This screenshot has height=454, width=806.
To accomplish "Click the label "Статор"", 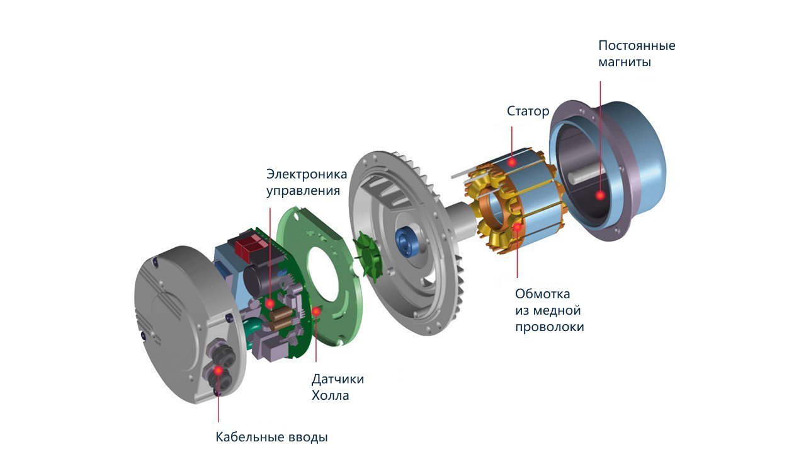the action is pos(528,111).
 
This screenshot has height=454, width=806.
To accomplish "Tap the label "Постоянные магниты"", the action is pos(637,54).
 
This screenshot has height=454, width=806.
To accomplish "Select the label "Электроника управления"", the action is pos(307,182).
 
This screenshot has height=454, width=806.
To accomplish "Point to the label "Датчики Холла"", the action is pos(338,387).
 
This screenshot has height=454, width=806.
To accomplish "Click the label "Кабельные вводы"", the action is pos(271,437).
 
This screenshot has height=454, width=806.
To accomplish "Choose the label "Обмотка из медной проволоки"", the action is pos(550,310).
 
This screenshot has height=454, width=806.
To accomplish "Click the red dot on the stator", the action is pos(512,163).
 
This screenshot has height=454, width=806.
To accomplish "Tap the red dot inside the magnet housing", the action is pos(600,195).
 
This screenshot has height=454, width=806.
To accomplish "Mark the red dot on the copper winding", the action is pos(518,226).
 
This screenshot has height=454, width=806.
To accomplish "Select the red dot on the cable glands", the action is pos(218,371).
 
